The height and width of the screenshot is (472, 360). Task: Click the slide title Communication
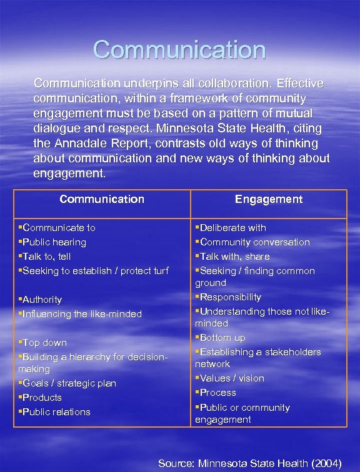pos(179,50)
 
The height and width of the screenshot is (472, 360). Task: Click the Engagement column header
pos(269,199)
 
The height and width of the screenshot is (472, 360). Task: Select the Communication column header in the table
pos(102,199)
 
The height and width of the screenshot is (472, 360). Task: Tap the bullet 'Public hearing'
pos(54,242)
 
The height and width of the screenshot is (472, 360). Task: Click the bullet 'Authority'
pos(42,300)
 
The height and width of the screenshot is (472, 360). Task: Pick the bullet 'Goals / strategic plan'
pos(69,383)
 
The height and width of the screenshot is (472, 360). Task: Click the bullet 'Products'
pos(42,398)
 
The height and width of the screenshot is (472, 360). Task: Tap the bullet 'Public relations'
pos(56,412)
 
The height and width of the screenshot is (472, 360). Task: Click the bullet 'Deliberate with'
pos(232,228)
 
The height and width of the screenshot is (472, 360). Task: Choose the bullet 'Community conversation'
pos(254,242)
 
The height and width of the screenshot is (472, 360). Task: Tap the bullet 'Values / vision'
pos(232,378)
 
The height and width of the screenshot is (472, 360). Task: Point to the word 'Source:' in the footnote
pos(176,463)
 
